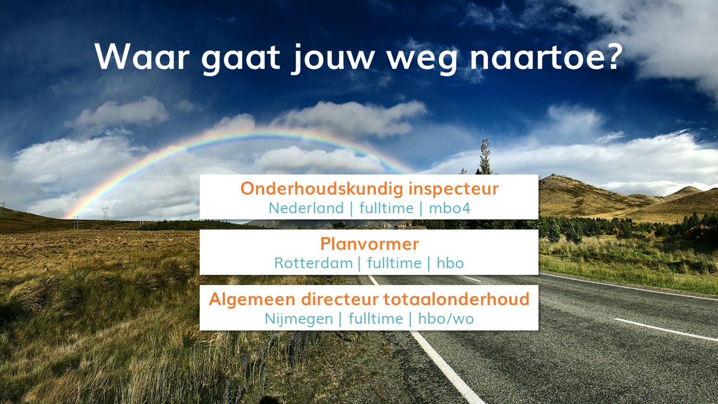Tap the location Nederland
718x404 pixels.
[x=306, y=208]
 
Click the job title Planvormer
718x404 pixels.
[x=369, y=244]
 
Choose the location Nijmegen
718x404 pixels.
[x=299, y=319]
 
